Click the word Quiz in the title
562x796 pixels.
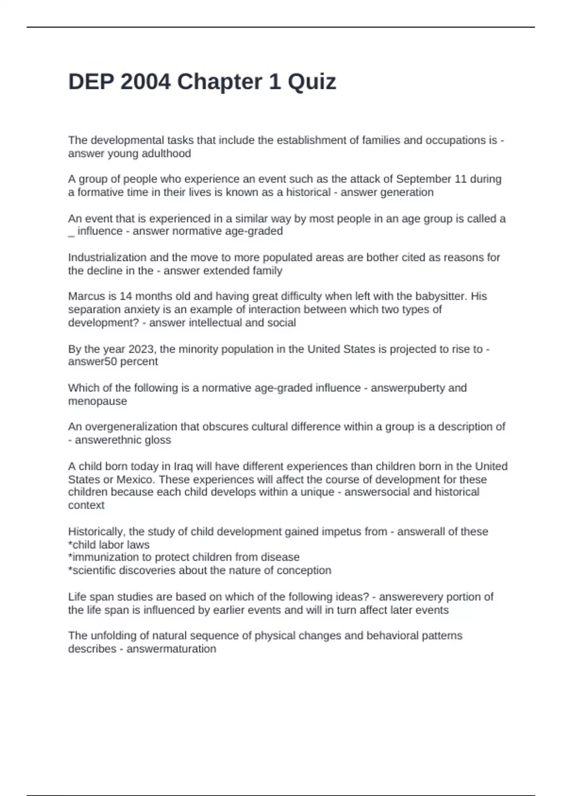(311, 82)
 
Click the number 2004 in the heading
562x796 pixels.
(146, 82)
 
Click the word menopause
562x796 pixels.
(97, 401)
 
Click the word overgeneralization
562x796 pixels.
(131, 427)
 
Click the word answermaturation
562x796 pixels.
(171, 649)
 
